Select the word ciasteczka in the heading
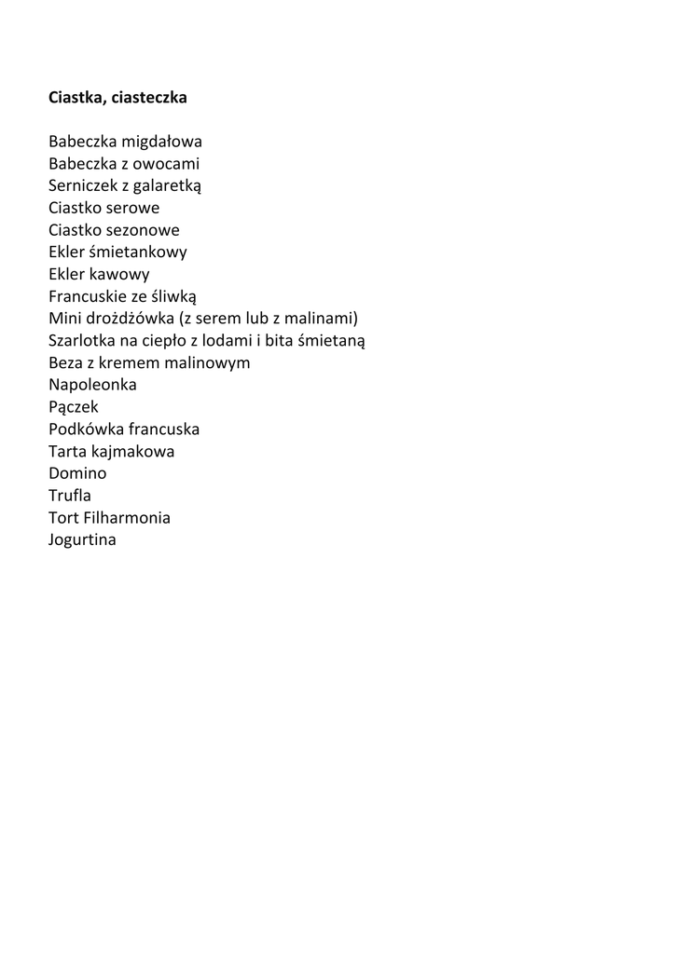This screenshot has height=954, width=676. point(150,97)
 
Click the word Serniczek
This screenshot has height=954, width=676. point(83,186)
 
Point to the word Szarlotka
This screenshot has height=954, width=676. point(81,341)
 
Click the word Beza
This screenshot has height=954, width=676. point(65,362)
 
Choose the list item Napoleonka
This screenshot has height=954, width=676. point(92,385)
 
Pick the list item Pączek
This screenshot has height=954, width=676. point(73,407)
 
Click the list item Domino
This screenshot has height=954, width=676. point(77,473)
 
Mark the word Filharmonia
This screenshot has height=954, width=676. point(126,518)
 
